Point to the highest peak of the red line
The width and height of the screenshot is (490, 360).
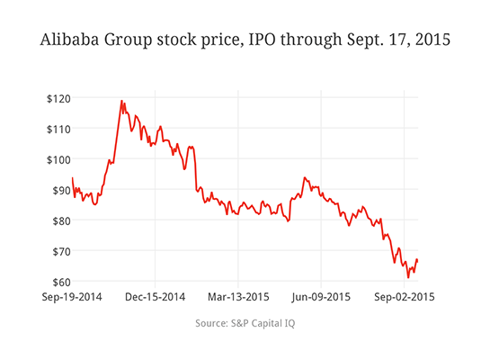pos(121,101)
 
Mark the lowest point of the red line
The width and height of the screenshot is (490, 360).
pos(407,277)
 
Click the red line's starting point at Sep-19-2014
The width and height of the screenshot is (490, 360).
pos(72,177)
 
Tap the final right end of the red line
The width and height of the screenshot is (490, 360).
pos(418,261)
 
